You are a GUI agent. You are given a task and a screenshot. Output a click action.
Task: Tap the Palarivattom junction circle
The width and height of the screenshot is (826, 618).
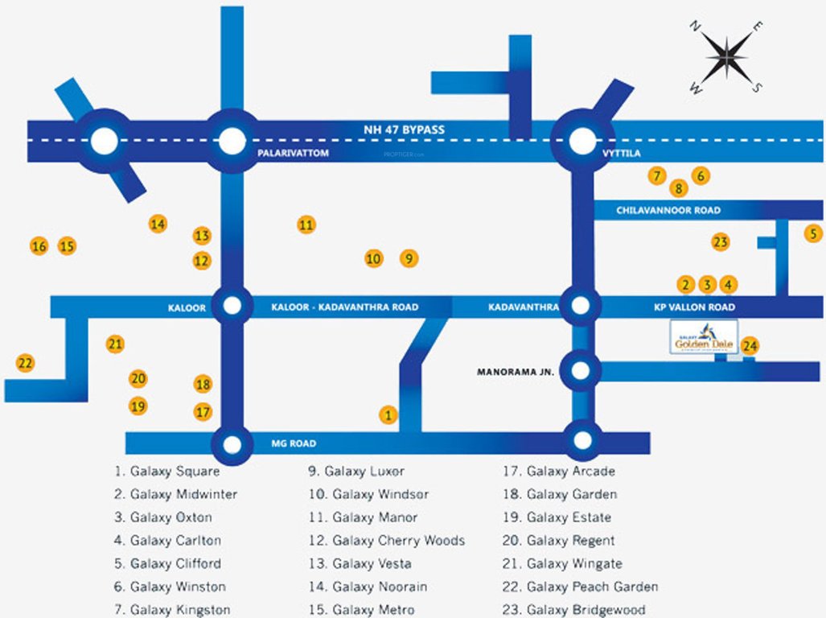point(232,142)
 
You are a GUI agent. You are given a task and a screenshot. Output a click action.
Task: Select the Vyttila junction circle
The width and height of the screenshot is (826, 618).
point(581,142)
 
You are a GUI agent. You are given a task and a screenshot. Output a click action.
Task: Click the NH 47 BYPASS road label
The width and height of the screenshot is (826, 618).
point(403,129)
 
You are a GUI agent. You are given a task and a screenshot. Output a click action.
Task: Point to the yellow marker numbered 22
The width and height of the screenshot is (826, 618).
point(26,363)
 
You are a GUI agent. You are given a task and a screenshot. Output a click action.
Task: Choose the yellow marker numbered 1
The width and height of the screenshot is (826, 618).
point(388,415)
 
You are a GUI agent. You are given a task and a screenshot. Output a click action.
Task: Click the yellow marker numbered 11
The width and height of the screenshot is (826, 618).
point(306,225)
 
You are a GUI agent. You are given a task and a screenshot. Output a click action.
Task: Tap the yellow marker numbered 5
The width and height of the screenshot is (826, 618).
point(814,233)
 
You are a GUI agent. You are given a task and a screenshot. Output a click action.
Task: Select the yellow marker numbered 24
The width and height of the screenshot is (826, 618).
point(750,346)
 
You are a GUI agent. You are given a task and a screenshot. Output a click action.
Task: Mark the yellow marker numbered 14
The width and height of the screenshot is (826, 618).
point(158,225)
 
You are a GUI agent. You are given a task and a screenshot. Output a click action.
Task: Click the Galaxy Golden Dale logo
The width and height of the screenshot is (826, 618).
point(704,336)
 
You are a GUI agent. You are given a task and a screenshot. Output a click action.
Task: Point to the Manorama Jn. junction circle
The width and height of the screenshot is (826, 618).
point(581,371)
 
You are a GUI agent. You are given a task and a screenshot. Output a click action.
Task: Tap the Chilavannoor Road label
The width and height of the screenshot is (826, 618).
point(668,210)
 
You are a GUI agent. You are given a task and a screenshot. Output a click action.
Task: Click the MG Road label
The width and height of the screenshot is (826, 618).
point(293,443)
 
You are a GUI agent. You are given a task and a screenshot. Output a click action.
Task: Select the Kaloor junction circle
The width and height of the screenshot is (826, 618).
point(232,306)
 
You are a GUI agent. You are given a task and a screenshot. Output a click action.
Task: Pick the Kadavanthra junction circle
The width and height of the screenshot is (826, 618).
point(581,306)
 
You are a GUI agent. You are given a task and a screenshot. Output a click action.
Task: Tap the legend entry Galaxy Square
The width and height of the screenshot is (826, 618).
point(167,472)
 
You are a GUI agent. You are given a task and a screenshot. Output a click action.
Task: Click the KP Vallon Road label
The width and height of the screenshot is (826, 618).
point(694,307)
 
